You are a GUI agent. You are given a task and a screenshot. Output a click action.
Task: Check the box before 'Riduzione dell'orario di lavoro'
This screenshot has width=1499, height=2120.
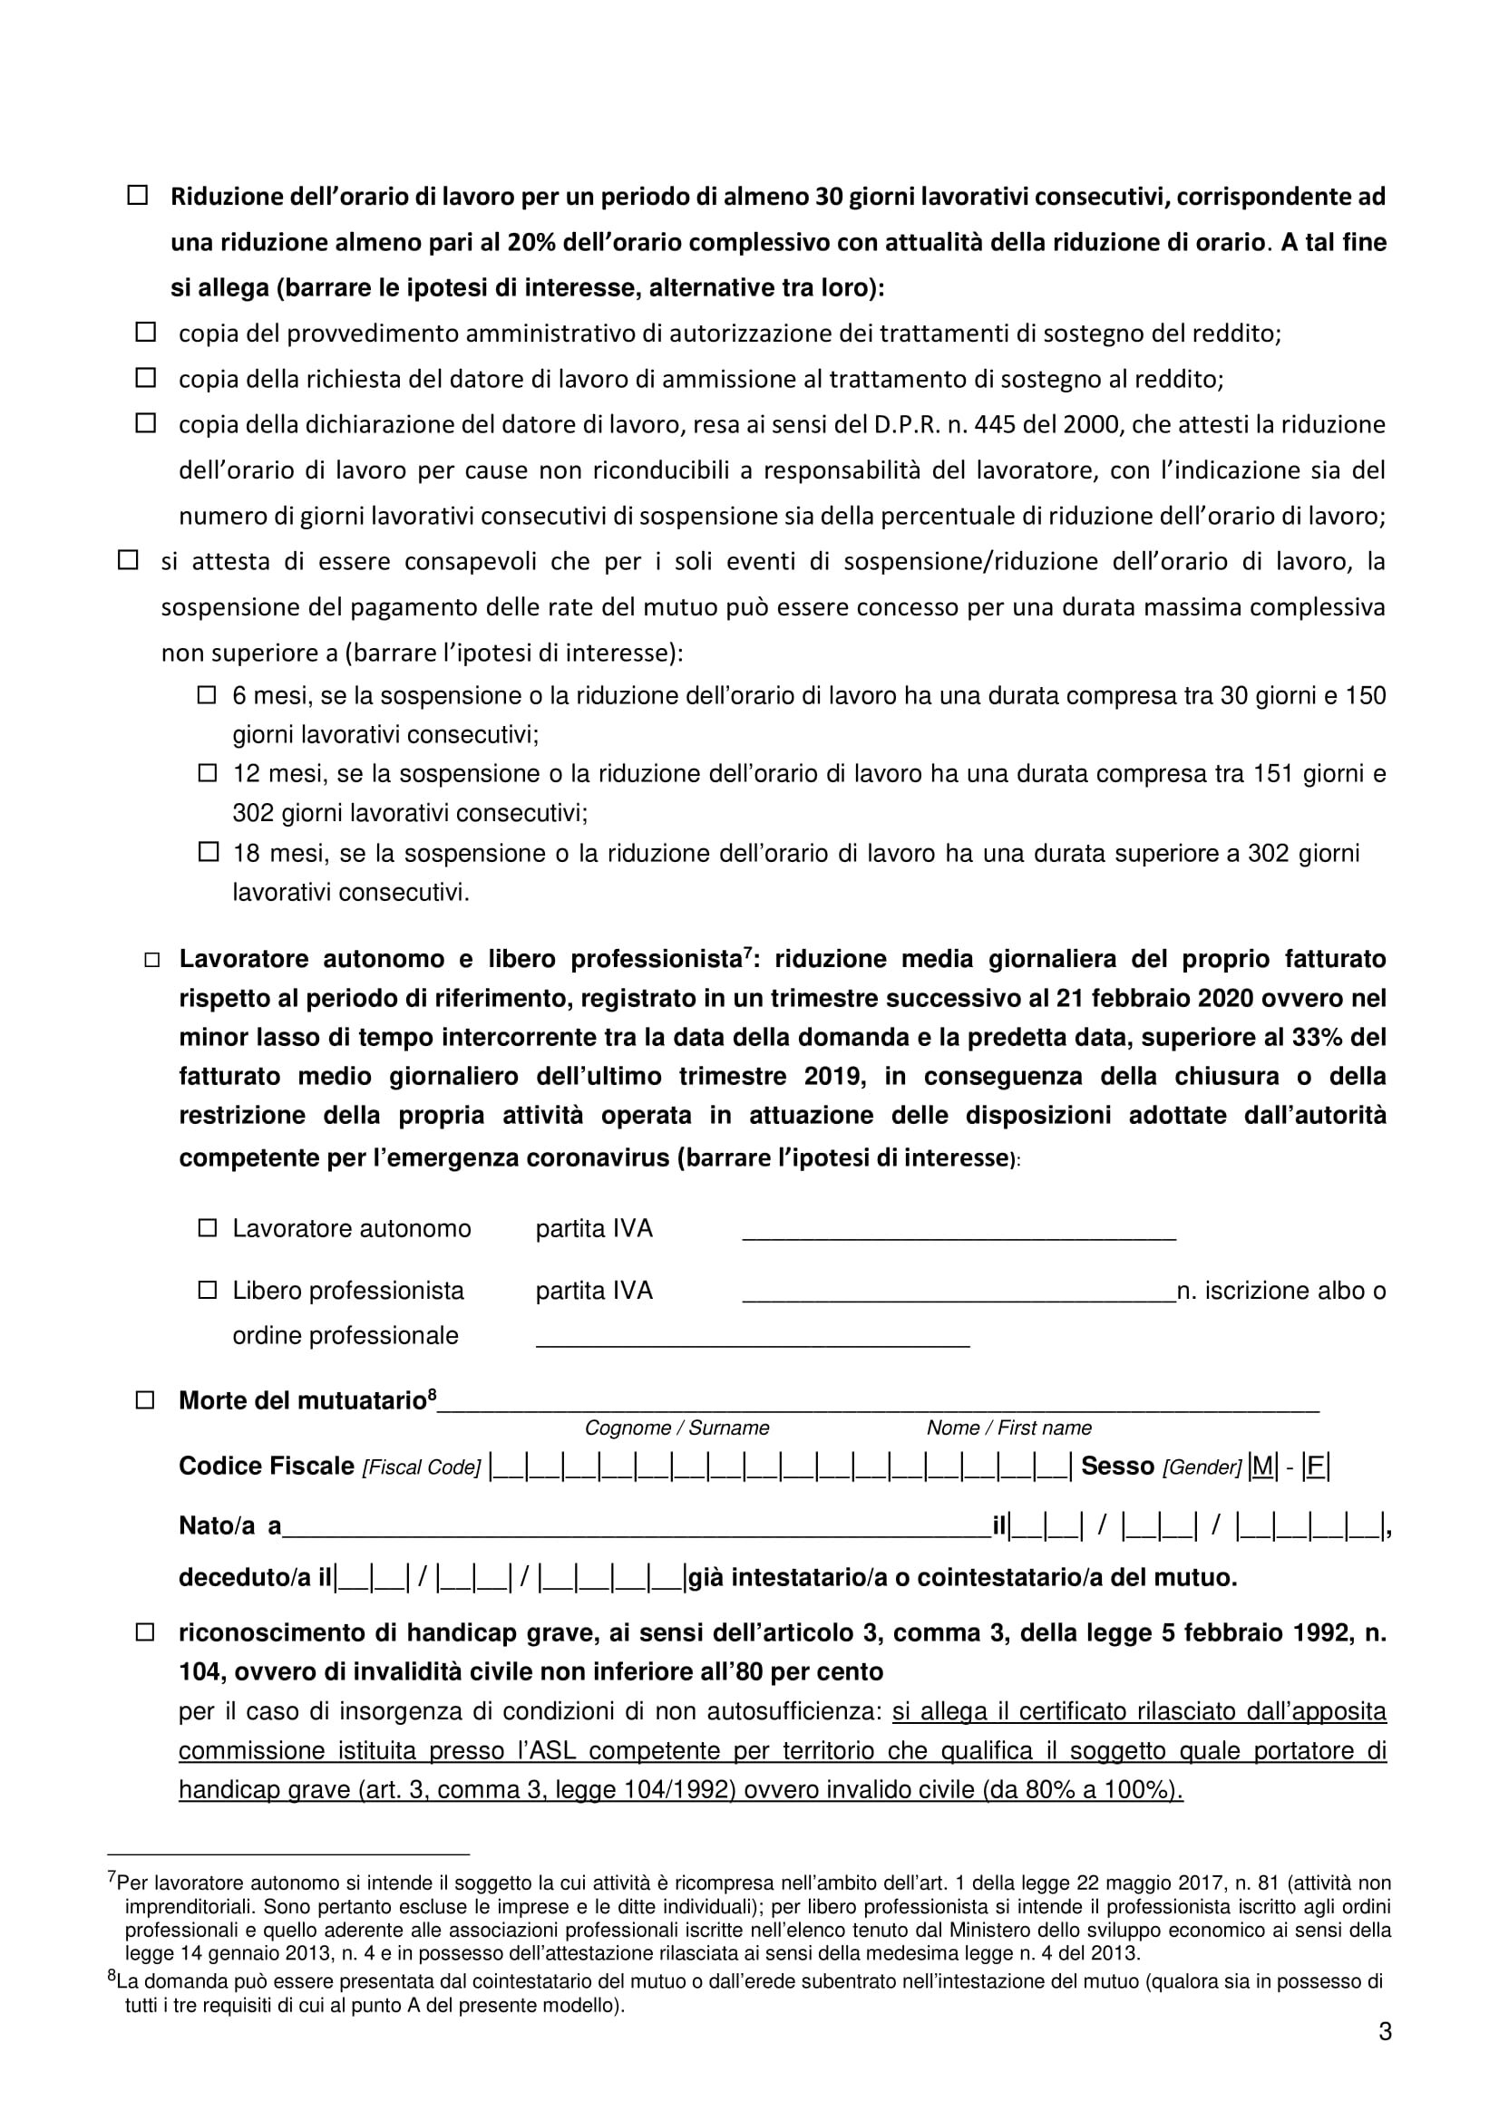138,196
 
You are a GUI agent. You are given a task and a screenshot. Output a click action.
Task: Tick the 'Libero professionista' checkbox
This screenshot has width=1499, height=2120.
207,1289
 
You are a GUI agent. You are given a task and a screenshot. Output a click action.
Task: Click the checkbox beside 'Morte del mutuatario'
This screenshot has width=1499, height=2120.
145,1399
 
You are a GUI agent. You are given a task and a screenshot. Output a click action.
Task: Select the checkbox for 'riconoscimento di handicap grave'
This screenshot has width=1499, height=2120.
145,1632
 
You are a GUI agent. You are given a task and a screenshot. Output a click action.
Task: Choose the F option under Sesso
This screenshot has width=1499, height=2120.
1315,1467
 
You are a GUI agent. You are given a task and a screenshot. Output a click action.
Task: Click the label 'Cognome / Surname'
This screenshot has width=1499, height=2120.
676,1428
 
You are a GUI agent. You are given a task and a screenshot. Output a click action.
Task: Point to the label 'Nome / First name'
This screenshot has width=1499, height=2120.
1008,1428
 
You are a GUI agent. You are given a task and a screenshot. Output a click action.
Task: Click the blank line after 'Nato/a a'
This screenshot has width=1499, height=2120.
636,1528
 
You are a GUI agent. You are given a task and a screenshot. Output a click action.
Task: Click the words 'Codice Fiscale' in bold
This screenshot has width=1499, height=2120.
266,1467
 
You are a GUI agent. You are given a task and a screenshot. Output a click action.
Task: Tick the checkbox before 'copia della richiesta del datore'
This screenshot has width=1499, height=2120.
145,377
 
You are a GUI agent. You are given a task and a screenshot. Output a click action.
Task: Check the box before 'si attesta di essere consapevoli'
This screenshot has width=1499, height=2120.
129,559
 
